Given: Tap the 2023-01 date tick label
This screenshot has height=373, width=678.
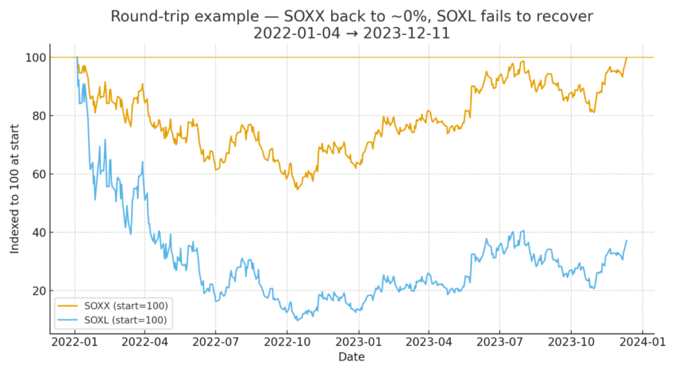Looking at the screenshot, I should pyautogui.click(x=358, y=344).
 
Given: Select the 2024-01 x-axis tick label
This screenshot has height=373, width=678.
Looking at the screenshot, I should pyautogui.click(x=642, y=344).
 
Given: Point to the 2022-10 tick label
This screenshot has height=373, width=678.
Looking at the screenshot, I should pyautogui.click(x=287, y=344).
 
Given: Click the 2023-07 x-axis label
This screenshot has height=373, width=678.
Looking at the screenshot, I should pyautogui.click(x=499, y=344).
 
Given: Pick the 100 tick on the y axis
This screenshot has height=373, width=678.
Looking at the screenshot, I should pyautogui.click(x=36, y=58).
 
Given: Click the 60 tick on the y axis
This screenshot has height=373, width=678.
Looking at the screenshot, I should pyautogui.click(x=39, y=174).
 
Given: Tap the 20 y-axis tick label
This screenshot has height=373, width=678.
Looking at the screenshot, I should pyautogui.click(x=39, y=291).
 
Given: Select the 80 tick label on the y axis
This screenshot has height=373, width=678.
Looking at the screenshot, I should pyautogui.click(x=39, y=116).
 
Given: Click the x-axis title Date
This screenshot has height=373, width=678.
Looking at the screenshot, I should pyautogui.click(x=351, y=357).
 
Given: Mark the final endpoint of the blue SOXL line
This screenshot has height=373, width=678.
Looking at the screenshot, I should pyautogui.click(x=626, y=240).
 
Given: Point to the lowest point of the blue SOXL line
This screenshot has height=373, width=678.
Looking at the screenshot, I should pyautogui.click(x=297, y=320).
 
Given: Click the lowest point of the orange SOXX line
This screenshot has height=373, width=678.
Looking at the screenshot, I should pyautogui.click(x=297, y=189).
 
